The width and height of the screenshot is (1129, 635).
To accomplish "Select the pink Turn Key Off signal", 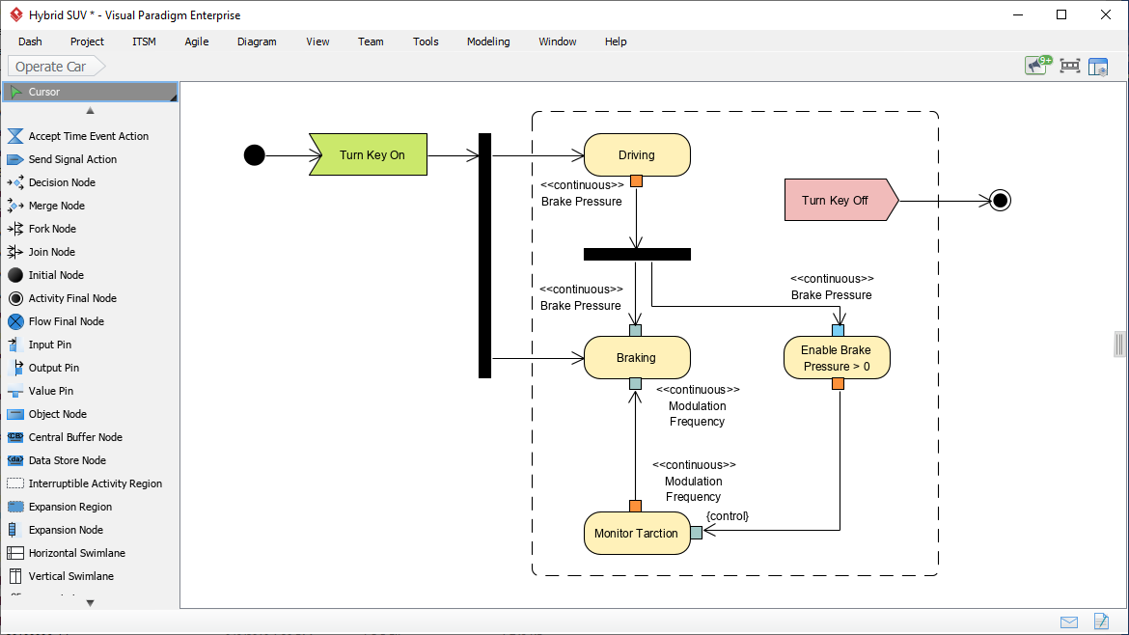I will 836,201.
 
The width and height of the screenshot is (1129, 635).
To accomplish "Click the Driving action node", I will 637,155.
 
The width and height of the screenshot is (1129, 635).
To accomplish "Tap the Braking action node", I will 637,358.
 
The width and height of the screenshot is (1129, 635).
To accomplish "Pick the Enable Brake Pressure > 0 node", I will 837,358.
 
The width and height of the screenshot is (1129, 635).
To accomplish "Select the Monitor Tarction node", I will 637,534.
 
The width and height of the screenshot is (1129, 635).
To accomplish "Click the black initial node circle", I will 254,155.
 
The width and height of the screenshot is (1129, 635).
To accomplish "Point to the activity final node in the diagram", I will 1001,201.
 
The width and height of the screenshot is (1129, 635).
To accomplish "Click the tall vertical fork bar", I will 484,256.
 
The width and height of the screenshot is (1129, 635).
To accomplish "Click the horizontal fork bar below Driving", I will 637,255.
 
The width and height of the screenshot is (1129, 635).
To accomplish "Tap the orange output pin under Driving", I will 636,180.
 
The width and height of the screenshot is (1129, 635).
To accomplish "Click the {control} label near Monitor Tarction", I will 728,516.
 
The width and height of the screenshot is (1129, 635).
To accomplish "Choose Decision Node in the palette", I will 62,182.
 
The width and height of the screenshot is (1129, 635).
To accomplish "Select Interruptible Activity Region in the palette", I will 95,483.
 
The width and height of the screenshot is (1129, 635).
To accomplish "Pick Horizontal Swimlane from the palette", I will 76,553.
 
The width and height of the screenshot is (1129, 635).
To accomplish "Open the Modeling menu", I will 488,41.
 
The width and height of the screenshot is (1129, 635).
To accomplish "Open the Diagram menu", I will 257,41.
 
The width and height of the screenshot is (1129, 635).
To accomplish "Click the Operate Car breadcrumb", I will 51,67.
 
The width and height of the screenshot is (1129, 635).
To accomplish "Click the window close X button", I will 1105,14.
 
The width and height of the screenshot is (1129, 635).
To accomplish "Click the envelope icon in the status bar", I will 1069,621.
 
